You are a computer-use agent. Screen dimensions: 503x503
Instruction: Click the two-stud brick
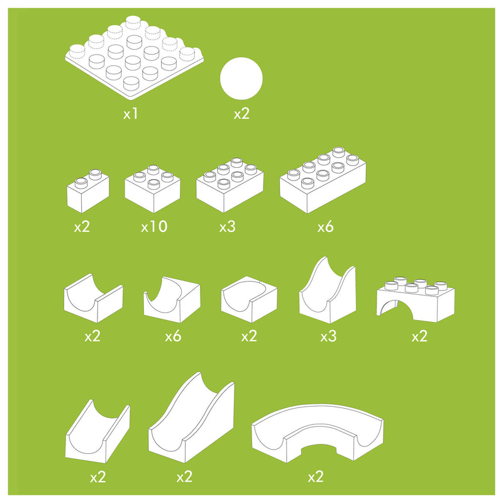pos(87,191)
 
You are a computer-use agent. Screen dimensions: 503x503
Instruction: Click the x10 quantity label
pos(154,227)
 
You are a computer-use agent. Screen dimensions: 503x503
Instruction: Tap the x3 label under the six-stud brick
pos(227,227)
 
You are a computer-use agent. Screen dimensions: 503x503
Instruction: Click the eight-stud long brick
pos(323,180)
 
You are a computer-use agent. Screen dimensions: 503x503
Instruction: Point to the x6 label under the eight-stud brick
pos(325,227)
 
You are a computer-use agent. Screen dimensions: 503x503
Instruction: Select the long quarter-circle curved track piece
pos(318,434)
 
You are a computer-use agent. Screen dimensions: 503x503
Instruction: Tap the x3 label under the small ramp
pos(328,336)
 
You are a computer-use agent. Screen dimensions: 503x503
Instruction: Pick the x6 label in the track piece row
pos(173,336)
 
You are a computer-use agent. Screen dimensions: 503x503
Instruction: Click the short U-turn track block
pos(249,301)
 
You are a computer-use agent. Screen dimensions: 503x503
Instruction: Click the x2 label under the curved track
pos(316,477)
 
